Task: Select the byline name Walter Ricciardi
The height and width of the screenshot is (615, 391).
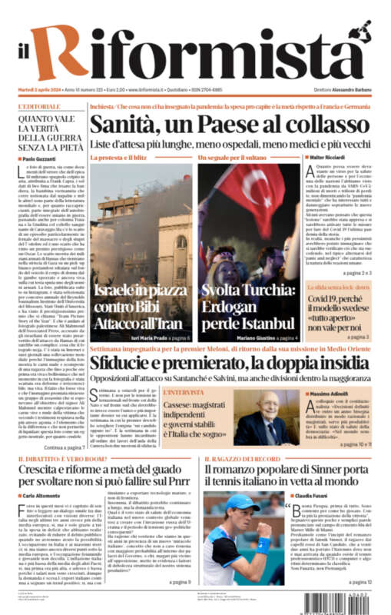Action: [330, 158]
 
